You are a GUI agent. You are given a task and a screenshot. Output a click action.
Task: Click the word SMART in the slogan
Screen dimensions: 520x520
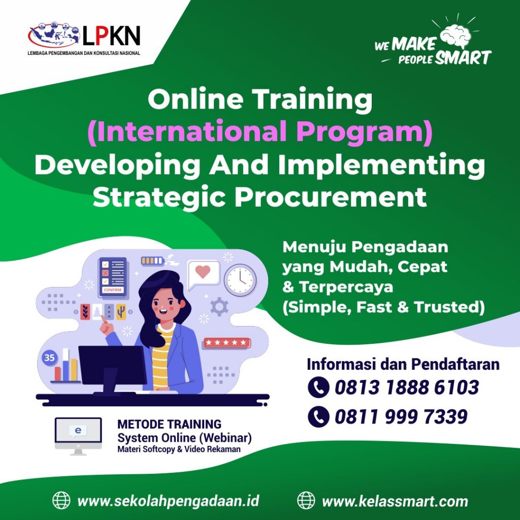pyautogui.click(x=463, y=58)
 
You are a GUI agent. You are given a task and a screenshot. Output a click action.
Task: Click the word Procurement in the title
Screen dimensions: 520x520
pyautogui.click(x=330, y=198)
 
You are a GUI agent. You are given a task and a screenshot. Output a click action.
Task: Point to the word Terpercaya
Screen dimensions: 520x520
pyautogui.click(x=346, y=286)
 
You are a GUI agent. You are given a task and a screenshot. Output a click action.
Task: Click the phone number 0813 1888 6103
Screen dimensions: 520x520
pyautogui.click(x=407, y=387)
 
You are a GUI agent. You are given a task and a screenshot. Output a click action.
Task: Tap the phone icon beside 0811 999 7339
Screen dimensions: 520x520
pyautogui.click(x=318, y=416)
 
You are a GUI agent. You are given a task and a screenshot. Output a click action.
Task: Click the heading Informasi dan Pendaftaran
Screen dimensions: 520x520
pyautogui.click(x=403, y=364)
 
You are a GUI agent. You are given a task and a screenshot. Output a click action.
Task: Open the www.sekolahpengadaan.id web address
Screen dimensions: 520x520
pyautogui.click(x=168, y=501)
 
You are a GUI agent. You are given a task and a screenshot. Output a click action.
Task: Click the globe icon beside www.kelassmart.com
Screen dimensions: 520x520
pyautogui.click(x=306, y=500)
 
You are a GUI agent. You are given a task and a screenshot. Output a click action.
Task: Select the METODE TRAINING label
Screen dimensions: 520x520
pyautogui.click(x=170, y=424)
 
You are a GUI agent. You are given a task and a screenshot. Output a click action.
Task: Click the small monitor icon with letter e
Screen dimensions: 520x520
pyautogui.click(x=78, y=435)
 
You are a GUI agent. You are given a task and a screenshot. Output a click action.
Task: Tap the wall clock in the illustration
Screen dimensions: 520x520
pyautogui.click(x=240, y=280)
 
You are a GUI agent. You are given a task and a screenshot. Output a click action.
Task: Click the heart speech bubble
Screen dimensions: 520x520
pyautogui.click(x=203, y=275)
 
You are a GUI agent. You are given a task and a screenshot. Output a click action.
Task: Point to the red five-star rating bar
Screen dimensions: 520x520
pyautogui.click(x=227, y=343)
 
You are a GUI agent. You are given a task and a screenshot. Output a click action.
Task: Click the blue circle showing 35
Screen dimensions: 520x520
pyautogui.click(x=50, y=358)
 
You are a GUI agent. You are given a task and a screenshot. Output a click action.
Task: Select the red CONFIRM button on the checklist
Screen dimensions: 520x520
pyautogui.click(x=113, y=290)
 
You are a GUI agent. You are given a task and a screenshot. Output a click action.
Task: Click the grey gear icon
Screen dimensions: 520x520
pyautogui.click(x=219, y=306)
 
